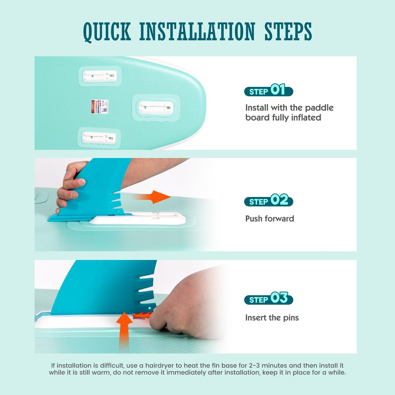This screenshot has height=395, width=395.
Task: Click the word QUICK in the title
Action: pyautogui.click(x=107, y=32)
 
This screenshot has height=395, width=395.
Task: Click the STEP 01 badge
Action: pyautogui.click(x=268, y=90)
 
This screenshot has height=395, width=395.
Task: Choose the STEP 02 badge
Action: pyautogui.click(x=268, y=200)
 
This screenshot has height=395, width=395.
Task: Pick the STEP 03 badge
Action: pyautogui.click(x=268, y=298)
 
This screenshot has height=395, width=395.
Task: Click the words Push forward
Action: pyautogui.click(x=270, y=219)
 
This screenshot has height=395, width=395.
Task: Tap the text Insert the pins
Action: pyautogui.click(x=272, y=318)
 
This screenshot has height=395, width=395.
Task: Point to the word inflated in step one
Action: pyautogui.click(x=306, y=118)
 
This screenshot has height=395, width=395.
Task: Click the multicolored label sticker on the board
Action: pyautogui.click(x=100, y=106)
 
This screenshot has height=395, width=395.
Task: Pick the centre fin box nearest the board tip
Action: pyautogui.click(x=156, y=108)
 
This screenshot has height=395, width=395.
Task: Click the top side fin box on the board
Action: pyautogui.click(x=100, y=76)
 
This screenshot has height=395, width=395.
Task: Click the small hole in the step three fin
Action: pyautogui.click(x=149, y=308)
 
